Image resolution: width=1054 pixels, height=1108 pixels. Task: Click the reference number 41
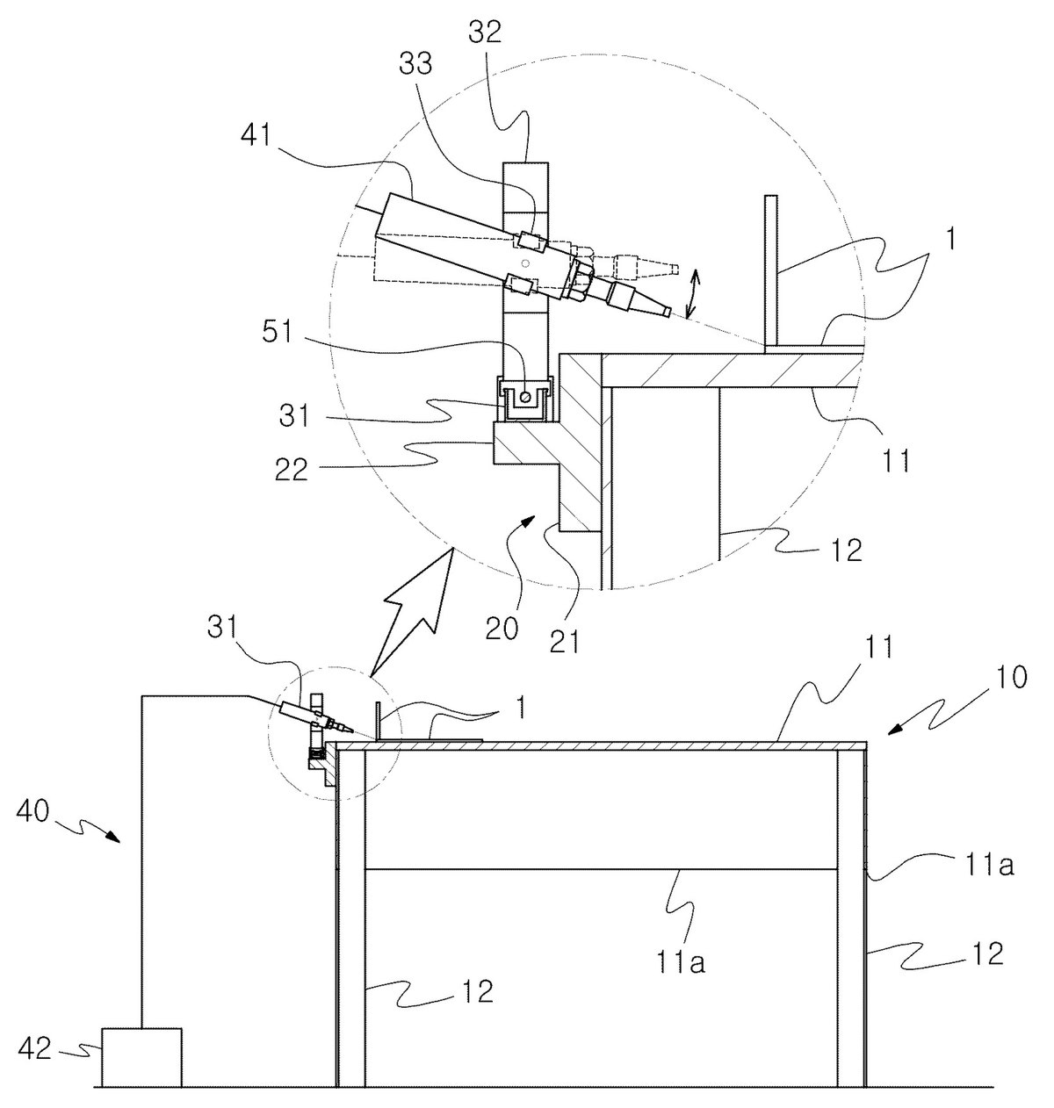pos(257,136)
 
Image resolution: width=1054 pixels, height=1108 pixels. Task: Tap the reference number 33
pos(415,64)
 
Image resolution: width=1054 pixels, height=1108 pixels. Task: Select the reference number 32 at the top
pos(485,32)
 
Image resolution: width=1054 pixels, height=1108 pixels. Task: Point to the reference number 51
pos(278,332)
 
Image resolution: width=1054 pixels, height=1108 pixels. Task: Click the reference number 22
pos(292,468)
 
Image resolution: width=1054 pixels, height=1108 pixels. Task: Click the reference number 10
pos(1011,678)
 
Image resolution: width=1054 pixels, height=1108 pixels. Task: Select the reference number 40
pos(32,812)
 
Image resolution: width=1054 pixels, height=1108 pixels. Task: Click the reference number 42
pos(34,1049)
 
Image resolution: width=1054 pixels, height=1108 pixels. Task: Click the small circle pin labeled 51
pos(525,397)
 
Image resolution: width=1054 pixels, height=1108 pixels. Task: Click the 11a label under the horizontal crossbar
pos(681,962)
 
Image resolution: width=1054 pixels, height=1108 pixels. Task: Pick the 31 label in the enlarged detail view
pos(294,415)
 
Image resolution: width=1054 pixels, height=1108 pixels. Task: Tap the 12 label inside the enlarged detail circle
pos(847,550)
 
